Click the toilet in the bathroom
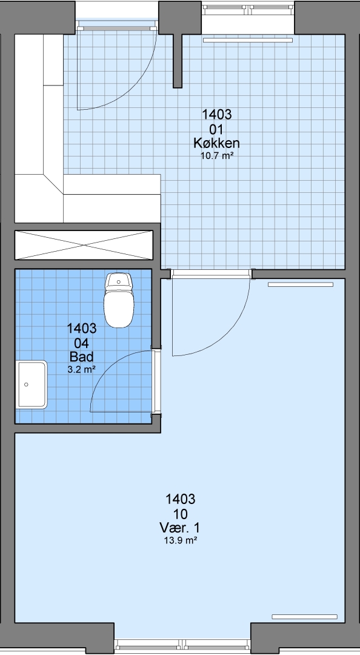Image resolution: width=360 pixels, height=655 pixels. tap(119, 300)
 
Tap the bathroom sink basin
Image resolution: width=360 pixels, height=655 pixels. tap(32, 385)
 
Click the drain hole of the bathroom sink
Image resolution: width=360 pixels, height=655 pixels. tap(26, 385)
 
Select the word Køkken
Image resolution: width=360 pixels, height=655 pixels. tap(216, 143)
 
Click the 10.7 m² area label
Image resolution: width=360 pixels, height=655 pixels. tap(216, 156)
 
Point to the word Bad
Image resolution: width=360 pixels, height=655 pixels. tap(81, 357)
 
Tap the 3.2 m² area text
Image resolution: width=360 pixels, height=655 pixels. tap(81, 369)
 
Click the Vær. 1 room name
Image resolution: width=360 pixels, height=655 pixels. tap(179, 528)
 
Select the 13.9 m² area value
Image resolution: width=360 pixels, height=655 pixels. tap(181, 540)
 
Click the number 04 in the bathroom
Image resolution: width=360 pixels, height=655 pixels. tap(82, 343)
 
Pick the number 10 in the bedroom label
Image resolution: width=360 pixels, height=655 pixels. tap(181, 514)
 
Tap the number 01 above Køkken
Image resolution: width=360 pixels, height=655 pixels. tap(216, 129)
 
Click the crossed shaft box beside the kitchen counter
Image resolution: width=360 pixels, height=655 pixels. tap(84, 245)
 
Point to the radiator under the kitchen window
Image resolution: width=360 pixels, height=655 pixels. tap(248, 40)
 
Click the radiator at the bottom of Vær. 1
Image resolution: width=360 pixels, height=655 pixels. tap(304, 617)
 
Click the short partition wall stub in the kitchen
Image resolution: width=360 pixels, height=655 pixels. tap(178, 61)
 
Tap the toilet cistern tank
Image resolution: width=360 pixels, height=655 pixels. tap(119, 281)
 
